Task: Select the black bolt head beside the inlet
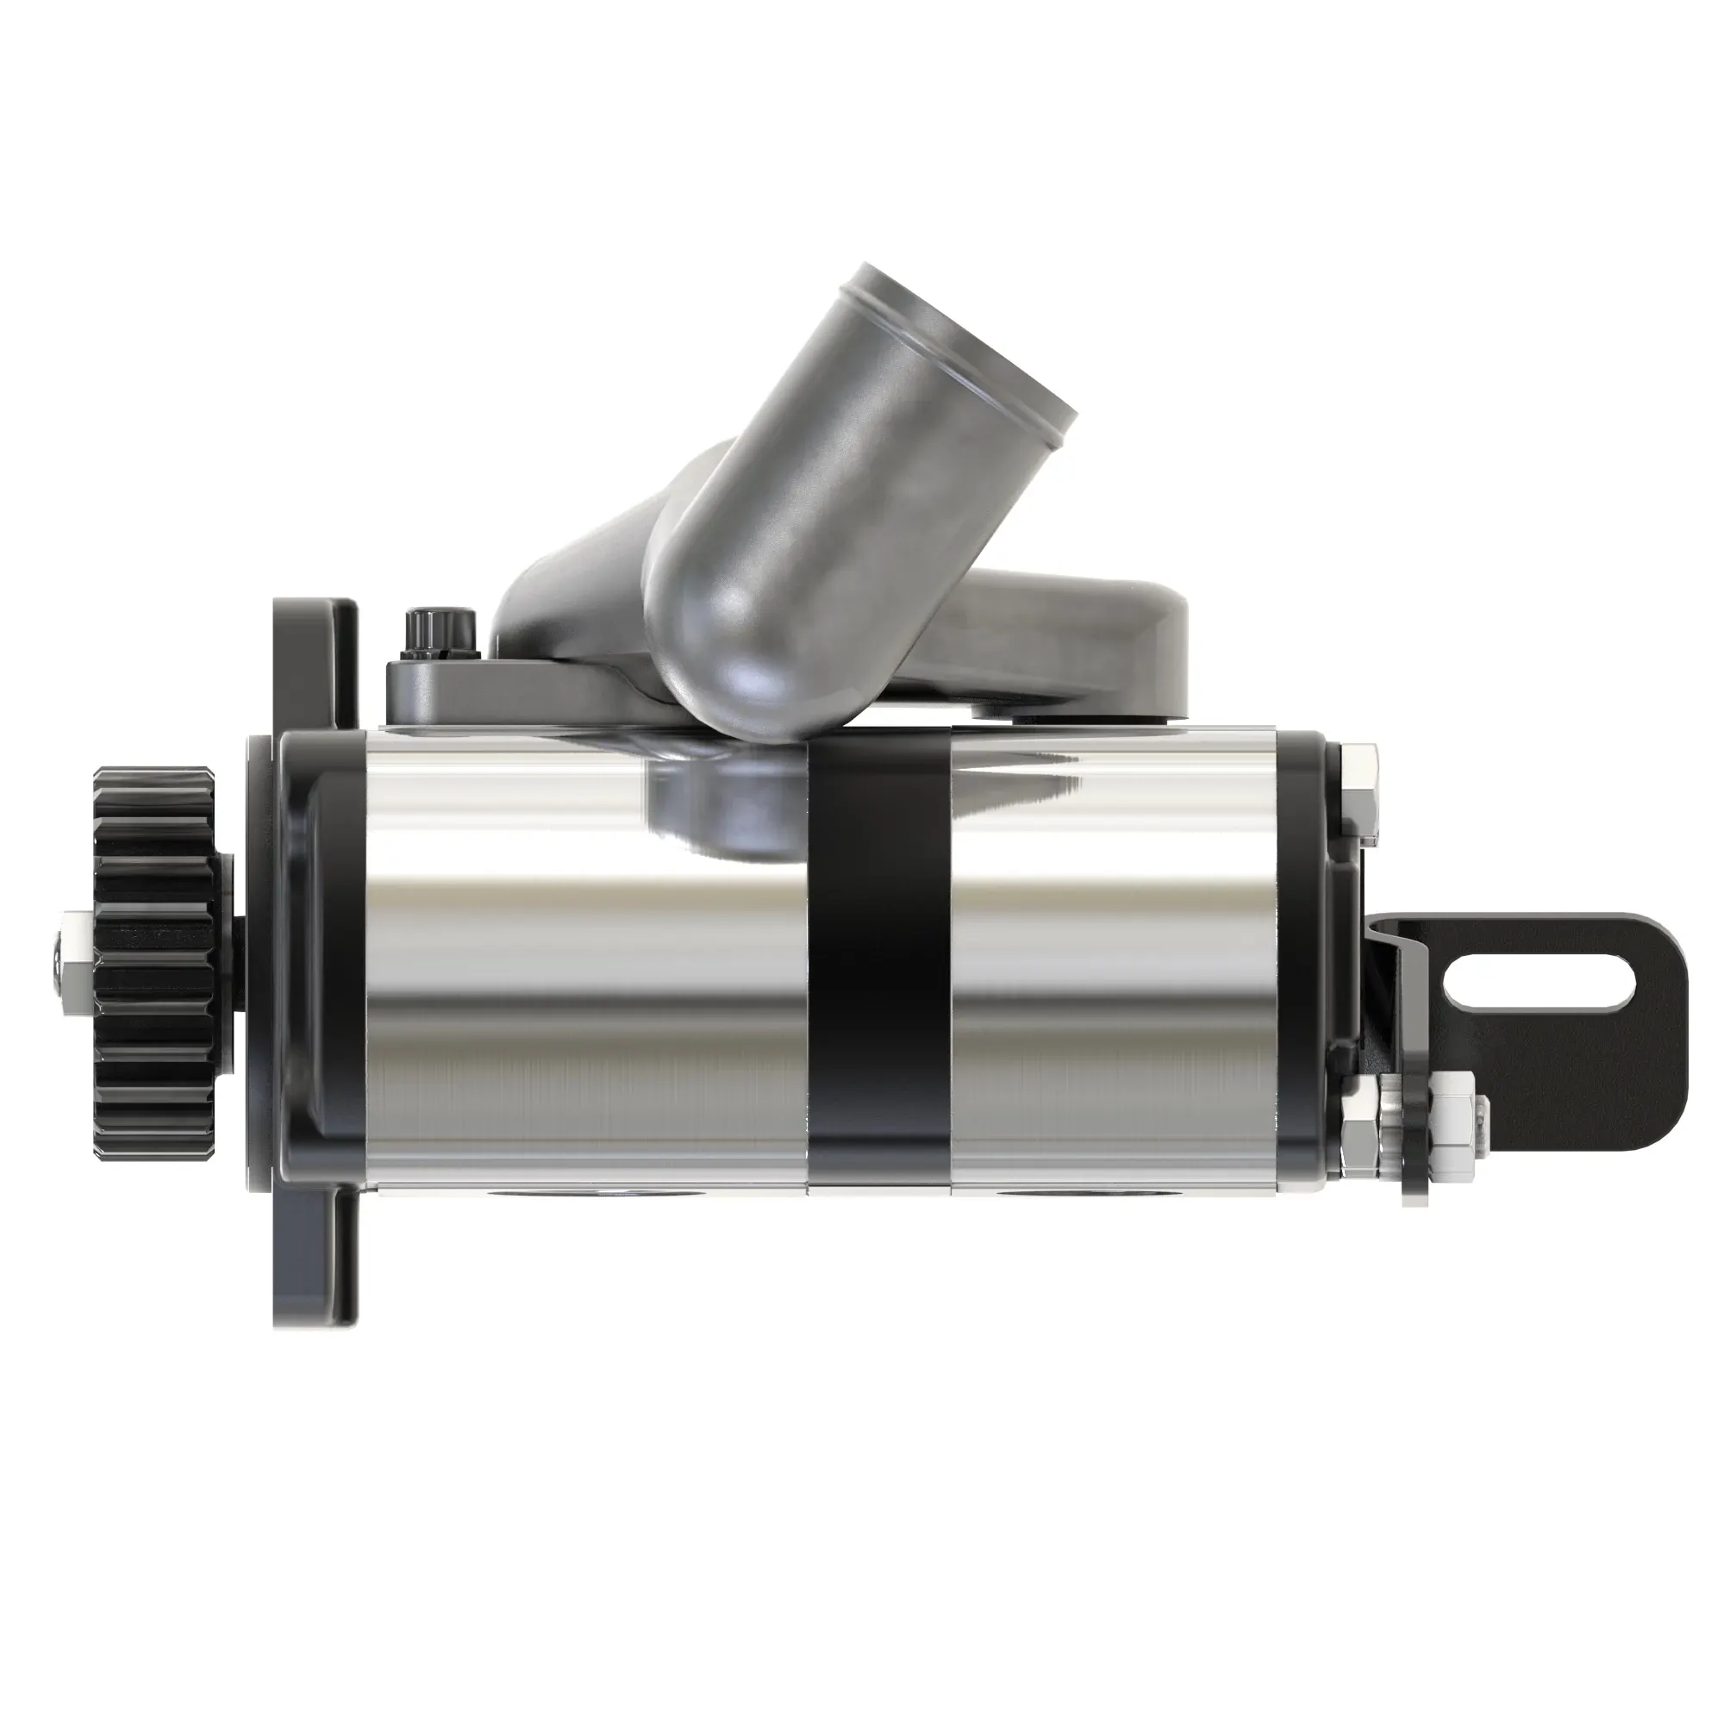pos(437,632)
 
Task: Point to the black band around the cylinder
pos(879,964)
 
